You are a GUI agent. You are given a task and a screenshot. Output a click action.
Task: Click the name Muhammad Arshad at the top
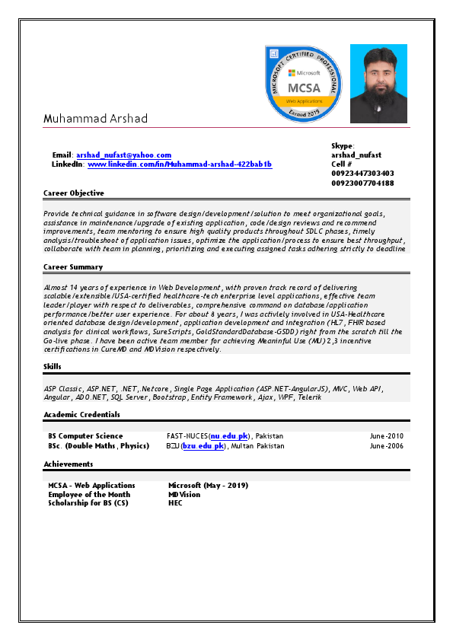click(x=95, y=119)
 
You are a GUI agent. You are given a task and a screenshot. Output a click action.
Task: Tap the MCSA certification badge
click(x=302, y=83)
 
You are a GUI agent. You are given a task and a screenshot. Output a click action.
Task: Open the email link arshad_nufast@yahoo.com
click(x=123, y=155)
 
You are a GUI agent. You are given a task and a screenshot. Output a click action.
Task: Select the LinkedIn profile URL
click(x=180, y=164)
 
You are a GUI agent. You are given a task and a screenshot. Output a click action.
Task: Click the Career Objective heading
click(x=74, y=193)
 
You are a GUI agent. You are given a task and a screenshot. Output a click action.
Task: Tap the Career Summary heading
click(x=73, y=266)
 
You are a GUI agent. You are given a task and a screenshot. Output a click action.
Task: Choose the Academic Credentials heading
click(x=81, y=414)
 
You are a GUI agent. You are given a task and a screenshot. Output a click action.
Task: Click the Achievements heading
click(x=69, y=464)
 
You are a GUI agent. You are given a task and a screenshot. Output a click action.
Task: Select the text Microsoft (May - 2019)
click(x=208, y=485)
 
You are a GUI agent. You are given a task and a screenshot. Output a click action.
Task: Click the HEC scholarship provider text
click(x=175, y=503)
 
